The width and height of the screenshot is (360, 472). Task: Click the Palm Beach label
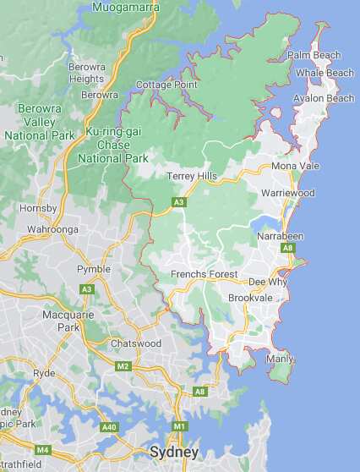[314, 56]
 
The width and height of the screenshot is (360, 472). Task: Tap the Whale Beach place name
[325, 74]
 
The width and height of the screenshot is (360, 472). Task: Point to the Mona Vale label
[296, 167]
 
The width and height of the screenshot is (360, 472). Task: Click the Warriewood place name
[288, 194]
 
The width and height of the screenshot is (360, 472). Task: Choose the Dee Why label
[268, 282]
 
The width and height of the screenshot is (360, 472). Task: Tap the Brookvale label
[249, 299]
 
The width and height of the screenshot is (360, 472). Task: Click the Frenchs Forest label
[205, 275]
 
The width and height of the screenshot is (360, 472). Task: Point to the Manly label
[280, 359]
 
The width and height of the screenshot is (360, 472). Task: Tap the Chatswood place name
[135, 344]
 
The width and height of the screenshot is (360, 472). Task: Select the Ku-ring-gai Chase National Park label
[113, 145]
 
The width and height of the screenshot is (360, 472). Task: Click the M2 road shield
[123, 366]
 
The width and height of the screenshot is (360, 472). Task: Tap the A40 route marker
[109, 427]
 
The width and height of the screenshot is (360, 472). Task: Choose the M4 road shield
[42, 449]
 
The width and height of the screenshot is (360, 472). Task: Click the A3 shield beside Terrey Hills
[178, 202]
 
